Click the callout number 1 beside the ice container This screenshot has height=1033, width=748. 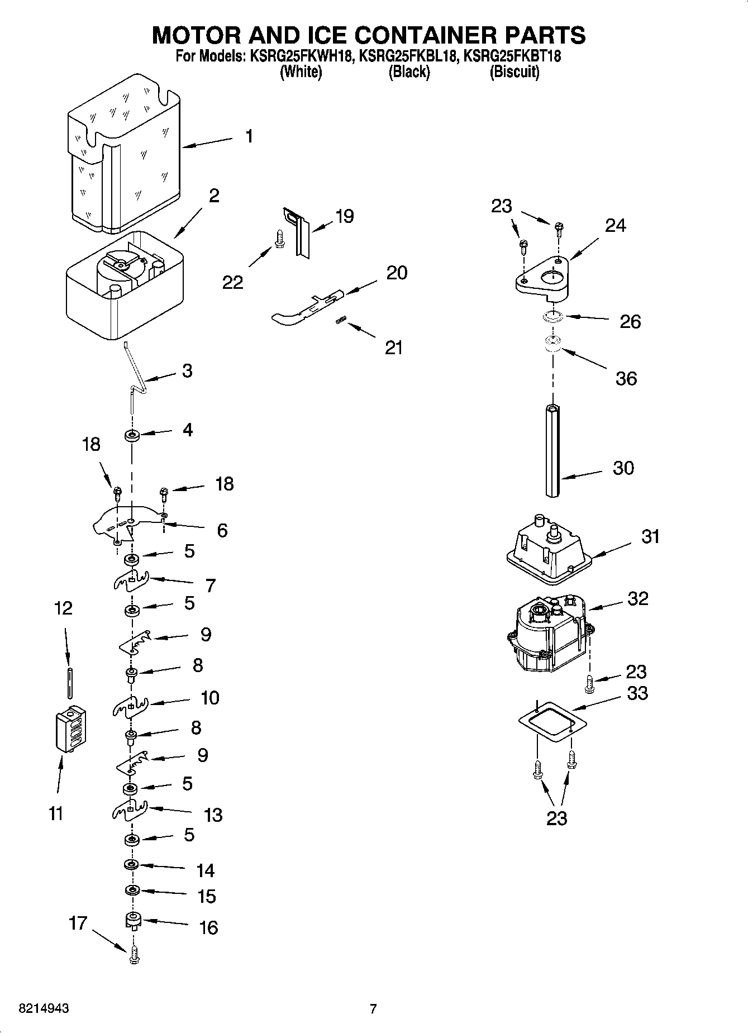click(249, 136)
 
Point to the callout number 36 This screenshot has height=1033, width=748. click(626, 378)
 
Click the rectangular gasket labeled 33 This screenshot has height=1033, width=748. click(552, 722)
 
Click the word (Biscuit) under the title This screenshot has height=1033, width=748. click(514, 72)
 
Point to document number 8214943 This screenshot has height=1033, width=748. click(44, 1009)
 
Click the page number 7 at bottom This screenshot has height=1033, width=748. click(373, 1009)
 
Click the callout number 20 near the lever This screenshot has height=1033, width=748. click(397, 273)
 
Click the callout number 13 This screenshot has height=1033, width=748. click(213, 815)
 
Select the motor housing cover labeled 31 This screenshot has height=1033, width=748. click(546, 550)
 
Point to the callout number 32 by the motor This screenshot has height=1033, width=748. click(638, 598)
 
